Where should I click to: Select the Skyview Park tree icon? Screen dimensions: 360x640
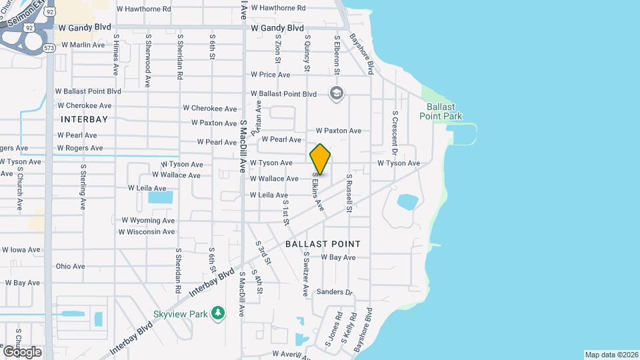(217, 313)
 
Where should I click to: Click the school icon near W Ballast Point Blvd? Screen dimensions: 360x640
(337, 93)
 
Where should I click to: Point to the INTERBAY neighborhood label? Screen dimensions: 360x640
(84, 119)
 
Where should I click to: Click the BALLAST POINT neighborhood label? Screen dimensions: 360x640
(323, 244)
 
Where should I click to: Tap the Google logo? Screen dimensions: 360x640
(22, 351)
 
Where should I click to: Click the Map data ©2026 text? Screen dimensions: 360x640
(611, 354)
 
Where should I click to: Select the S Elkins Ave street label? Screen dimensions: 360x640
(318, 193)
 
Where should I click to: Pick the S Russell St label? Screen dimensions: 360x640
(349, 194)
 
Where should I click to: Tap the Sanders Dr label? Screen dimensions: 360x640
(334, 292)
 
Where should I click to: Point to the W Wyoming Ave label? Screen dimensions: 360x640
(148, 220)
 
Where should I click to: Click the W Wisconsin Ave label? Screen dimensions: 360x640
(147, 232)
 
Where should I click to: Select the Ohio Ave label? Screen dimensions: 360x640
(71, 266)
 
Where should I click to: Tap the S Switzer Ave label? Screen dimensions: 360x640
(306, 274)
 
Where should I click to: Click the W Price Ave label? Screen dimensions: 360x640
(270, 75)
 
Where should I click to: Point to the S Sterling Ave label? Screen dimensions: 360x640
(83, 187)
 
